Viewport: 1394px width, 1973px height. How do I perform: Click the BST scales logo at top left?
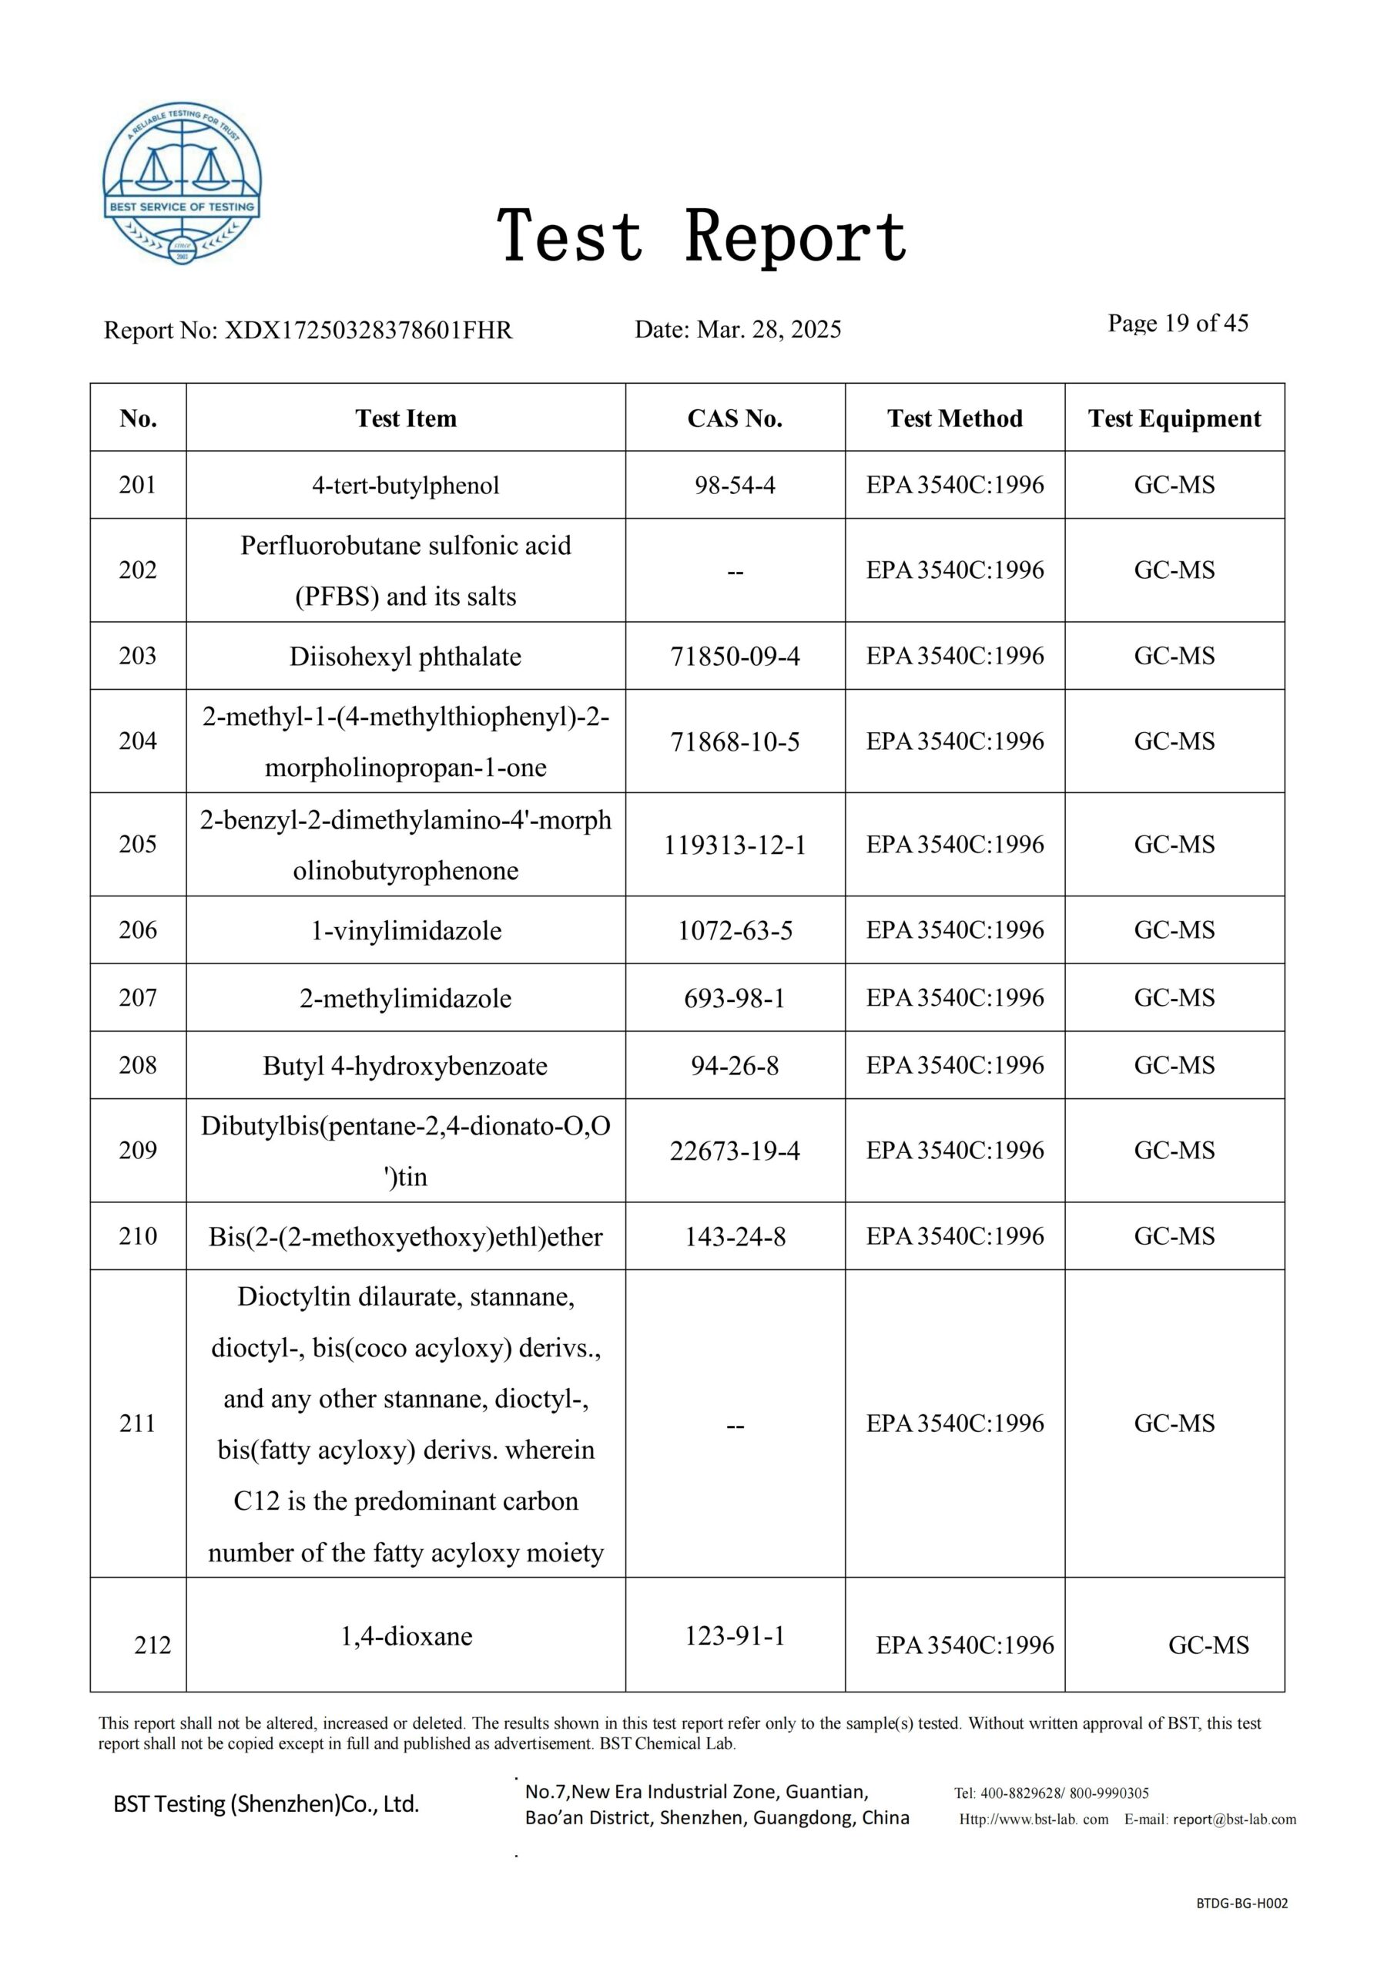coord(182,182)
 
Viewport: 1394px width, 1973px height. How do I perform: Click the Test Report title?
coord(702,236)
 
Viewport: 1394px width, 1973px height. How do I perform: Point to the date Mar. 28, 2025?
coord(769,329)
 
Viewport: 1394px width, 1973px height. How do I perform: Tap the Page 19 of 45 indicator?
coord(1178,323)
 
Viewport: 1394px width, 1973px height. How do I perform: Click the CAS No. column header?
coord(735,418)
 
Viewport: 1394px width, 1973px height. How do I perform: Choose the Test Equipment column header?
coord(1175,418)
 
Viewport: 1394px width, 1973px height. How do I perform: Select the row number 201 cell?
coord(137,485)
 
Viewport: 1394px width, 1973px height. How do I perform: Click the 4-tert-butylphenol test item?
coord(405,486)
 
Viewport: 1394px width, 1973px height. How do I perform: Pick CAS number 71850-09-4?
coord(735,657)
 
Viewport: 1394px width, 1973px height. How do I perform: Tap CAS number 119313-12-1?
coord(735,845)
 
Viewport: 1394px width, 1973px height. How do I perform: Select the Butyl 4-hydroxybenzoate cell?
coord(405,1067)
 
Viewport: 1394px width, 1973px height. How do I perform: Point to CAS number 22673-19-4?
coord(735,1151)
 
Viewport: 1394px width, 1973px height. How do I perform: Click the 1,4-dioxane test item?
coord(406,1636)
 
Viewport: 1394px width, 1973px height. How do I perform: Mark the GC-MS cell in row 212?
coord(1208,1645)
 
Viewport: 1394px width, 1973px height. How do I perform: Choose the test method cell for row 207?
coord(954,997)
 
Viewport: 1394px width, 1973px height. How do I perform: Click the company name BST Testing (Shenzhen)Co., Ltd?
coord(266,1803)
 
